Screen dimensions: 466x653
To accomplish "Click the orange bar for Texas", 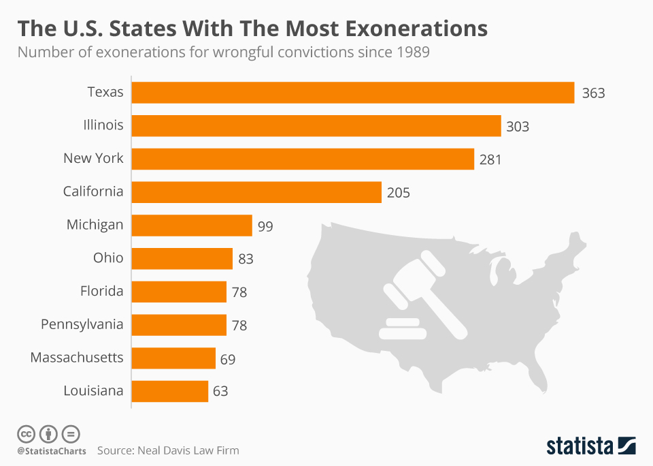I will click(352, 93).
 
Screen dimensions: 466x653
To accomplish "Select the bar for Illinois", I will click(316, 126).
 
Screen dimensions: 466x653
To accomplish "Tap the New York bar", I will click(303, 159).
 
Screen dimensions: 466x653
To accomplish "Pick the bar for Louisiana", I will click(169, 391).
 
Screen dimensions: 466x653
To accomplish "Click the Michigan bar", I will click(192, 225).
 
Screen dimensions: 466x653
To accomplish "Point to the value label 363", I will click(593, 93).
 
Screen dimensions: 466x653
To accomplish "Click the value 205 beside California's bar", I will click(399, 193).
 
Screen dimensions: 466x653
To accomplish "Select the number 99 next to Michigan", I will click(265, 226).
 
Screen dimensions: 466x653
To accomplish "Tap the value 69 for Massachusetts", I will click(228, 359).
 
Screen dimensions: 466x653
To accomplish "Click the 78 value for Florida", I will click(239, 292).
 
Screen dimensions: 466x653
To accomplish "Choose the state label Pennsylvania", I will click(82, 324).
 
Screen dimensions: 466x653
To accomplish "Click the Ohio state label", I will click(108, 258).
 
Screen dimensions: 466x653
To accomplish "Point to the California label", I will click(93, 191).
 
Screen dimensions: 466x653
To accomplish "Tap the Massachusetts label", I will click(77, 358).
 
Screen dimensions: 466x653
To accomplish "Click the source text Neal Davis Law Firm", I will click(188, 450).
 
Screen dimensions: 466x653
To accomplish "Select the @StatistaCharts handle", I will click(52, 451).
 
